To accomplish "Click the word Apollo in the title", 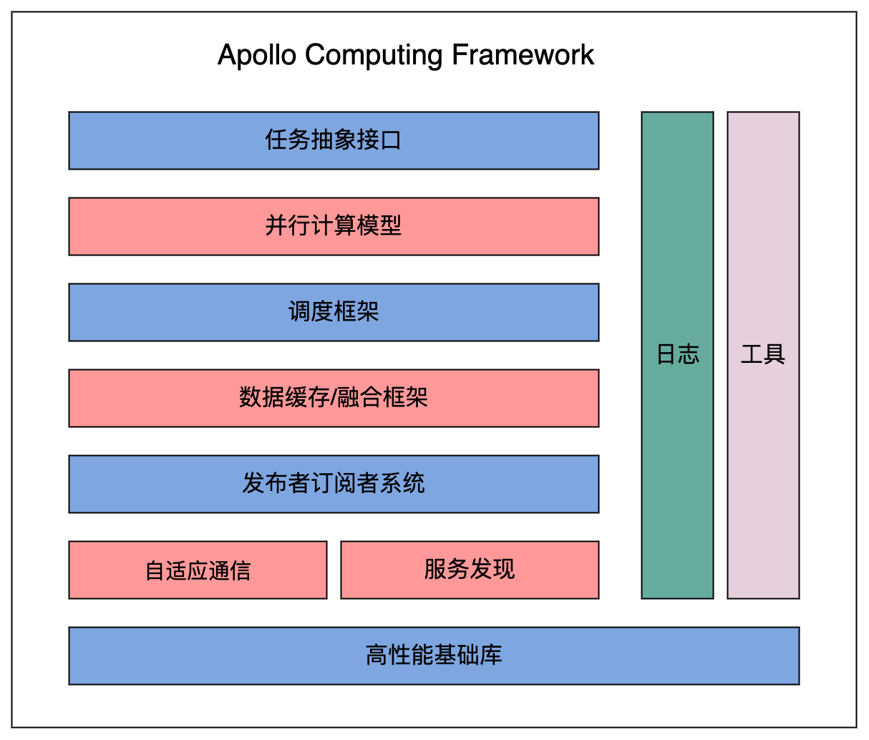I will (x=257, y=56).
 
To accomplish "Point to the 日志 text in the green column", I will (x=677, y=354).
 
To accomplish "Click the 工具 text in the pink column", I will (x=763, y=354).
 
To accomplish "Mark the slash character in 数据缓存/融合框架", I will (x=333, y=398).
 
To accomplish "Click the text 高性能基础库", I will (x=434, y=656).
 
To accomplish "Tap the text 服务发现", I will (x=470, y=570).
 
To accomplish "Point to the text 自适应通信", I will (x=198, y=571).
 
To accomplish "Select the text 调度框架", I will (x=334, y=312).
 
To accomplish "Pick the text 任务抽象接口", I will (x=334, y=140).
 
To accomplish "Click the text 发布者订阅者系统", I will (x=334, y=484).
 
